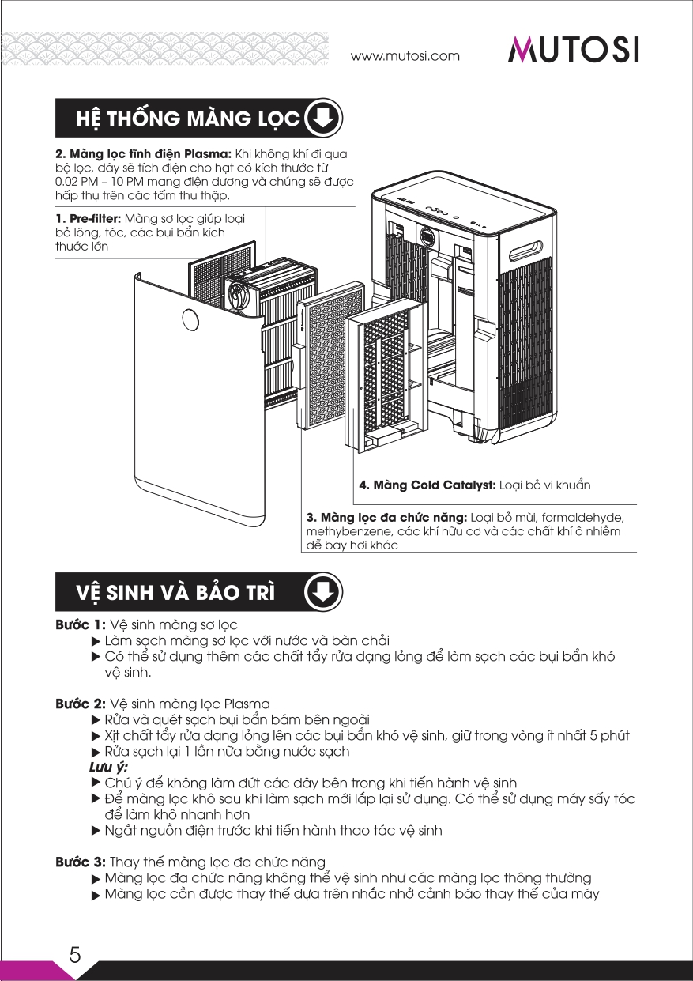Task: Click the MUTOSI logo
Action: point(573,50)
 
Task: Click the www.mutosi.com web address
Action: point(405,56)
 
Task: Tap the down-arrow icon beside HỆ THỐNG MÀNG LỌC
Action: point(322,119)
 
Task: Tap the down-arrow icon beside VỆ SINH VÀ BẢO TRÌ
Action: point(322,592)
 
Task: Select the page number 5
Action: point(75,954)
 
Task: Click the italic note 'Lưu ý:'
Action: point(108,767)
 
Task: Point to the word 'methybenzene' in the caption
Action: point(344,531)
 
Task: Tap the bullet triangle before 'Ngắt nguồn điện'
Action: point(96,831)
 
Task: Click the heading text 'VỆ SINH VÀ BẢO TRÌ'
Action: point(176,593)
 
